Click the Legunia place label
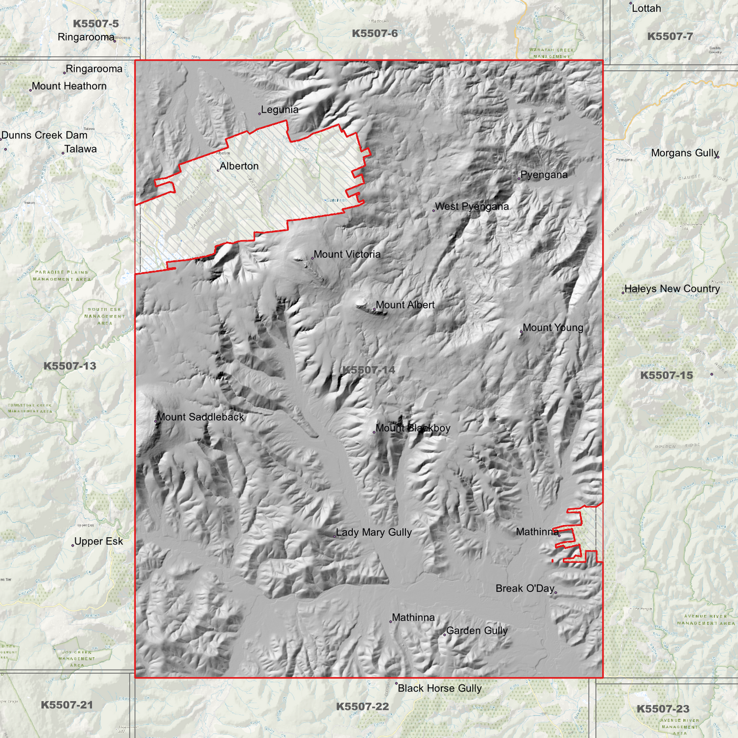(279, 110)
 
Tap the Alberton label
(239, 166)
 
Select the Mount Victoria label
(347, 254)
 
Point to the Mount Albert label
(405, 305)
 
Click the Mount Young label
(553, 328)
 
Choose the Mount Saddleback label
(200, 417)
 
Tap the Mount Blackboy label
(413, 428)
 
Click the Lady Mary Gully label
(373, 533)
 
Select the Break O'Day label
(525, 589)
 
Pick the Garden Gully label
(477, 631)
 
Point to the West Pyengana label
(472, 207)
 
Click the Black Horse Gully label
(439, 688)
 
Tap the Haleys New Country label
(672, 289)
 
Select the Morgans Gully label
(684, 153)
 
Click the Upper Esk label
(99, 541)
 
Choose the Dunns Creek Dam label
(44, 135)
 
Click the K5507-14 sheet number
(368, 370)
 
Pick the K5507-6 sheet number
(374, 34)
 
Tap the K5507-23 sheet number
(662, 709)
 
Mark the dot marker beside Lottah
(631, 4)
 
